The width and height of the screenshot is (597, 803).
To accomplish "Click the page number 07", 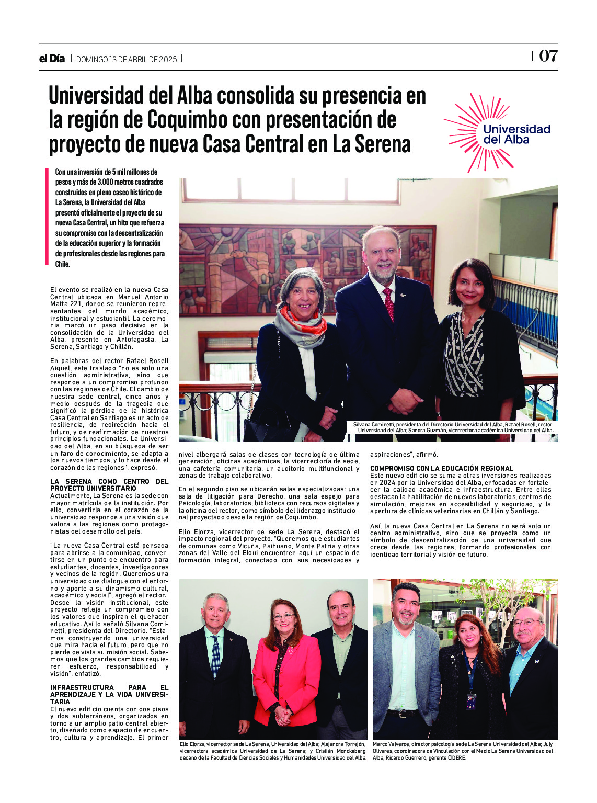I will point(548,56).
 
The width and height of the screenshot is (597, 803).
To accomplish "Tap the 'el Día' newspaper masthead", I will point(52,59).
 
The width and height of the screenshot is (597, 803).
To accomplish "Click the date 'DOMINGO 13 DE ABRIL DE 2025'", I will point(127,59).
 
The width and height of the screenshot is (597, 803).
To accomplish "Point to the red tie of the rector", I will point(389,304).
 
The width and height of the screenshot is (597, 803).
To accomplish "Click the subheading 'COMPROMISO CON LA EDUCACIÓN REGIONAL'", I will point(441,468).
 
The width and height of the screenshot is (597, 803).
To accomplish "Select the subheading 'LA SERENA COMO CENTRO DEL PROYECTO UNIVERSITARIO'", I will point(109,484).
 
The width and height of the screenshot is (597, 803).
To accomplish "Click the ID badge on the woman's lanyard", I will point(471,700).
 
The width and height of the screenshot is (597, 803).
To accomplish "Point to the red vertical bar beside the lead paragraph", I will point(47,217).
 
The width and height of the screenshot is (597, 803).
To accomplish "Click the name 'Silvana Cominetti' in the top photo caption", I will point(373,424).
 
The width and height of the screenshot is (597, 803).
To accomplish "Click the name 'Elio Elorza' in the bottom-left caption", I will point(192,744).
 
